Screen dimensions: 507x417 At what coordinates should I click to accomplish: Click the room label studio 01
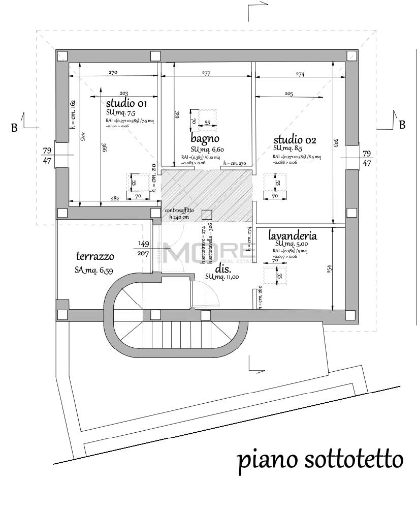[x=126, y=104]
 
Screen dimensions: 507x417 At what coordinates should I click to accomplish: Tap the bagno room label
[x=205, y=138]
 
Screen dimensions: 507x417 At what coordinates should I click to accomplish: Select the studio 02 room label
[x=295, y=139]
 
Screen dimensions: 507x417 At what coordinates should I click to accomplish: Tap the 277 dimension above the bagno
[x=206, y=73]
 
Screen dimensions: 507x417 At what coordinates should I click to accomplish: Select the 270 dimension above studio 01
[x=113, y=73]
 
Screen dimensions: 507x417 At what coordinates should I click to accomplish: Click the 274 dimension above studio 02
[x=300, y=74]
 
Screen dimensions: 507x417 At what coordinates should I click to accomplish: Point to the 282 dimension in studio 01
[x=114, y=199]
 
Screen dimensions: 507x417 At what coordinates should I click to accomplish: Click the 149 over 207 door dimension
[x=143, y=248]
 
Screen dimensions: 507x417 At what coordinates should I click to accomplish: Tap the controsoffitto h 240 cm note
[x=179, y=214]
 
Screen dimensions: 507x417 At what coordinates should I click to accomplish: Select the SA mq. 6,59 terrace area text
[x=93, y=272]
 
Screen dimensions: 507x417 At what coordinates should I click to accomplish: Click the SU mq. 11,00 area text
[x=222, y=276]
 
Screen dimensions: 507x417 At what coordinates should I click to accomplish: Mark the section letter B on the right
[x=402, y=125]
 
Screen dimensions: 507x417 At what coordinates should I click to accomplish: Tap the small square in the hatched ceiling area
[x=206, y=214]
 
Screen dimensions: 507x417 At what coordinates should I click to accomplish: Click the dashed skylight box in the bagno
[x=204, y=118]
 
